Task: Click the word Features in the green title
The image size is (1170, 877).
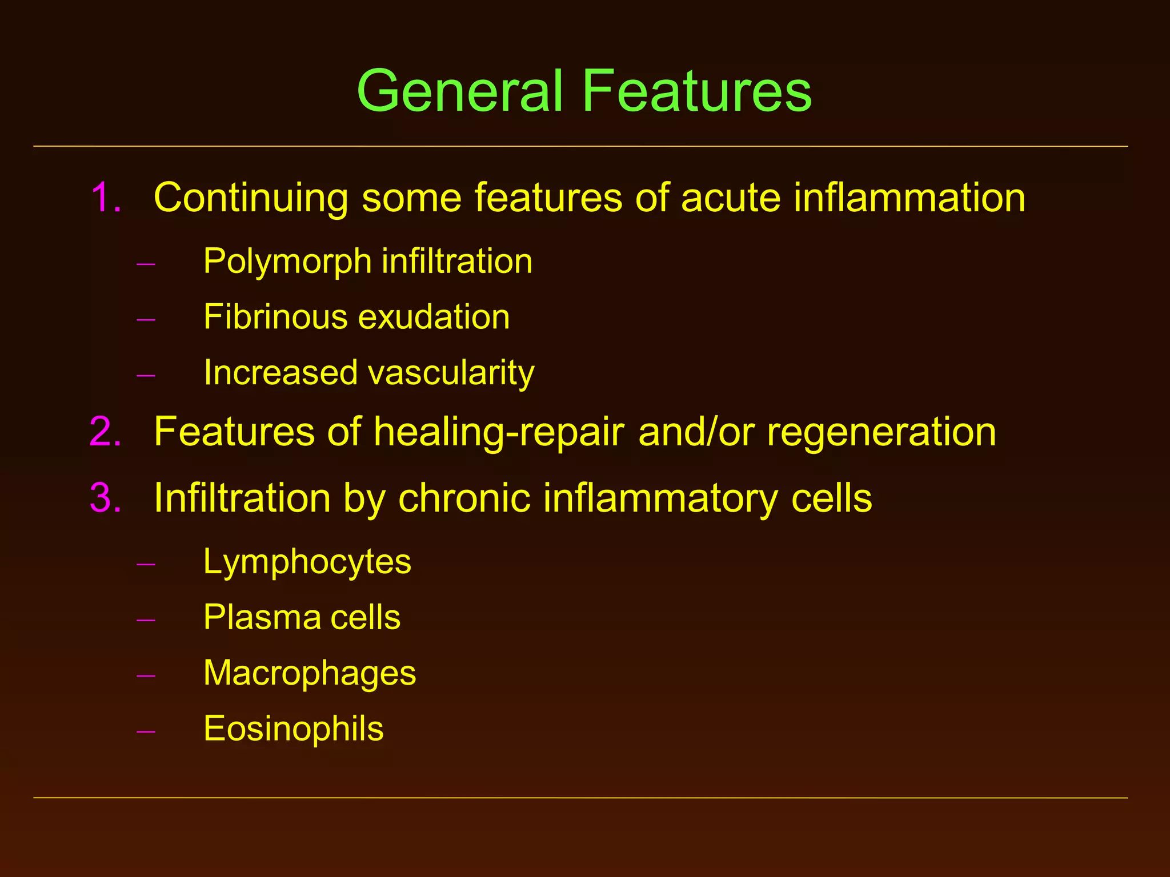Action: coord(697,91)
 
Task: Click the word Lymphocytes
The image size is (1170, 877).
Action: coord(307,562)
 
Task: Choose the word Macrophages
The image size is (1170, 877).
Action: coord(310,674)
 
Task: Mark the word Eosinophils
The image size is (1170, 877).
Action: coord(294,729)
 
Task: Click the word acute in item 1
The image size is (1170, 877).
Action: coord(730,198)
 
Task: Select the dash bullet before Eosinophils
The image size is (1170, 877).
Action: coord(146,731)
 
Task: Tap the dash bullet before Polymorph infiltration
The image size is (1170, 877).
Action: coord(146,264)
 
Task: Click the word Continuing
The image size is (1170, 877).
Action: coord(251,198)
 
